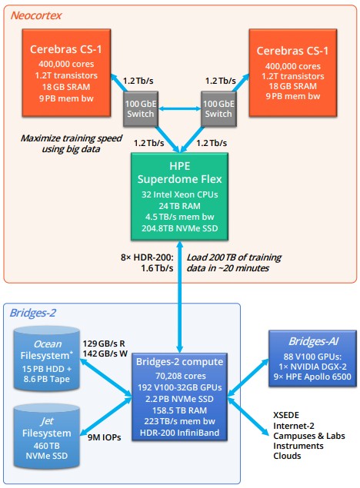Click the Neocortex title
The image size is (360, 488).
click(36, 15)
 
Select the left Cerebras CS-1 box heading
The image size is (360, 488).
click(66, 49)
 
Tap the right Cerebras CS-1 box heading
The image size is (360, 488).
click(292, 51)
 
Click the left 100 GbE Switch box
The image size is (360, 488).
click(141, 108)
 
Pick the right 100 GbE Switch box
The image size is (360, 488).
click(218, 108)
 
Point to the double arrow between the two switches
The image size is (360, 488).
click(179, 108)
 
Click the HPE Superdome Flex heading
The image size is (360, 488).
click(180, 172)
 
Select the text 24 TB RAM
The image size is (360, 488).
click(180, 206)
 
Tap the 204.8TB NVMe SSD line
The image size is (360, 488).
click(180, 228)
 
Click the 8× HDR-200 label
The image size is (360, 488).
click(147, 257)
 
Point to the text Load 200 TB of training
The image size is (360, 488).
click(234, 257)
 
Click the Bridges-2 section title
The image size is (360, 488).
click(33, 313)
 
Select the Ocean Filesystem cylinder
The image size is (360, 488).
click(47, 359)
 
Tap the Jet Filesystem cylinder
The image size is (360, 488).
click(47, 437)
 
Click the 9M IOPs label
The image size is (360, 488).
click(104, 437)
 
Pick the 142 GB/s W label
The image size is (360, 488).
click(105, 354)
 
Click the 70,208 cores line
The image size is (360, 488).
click(181, 376)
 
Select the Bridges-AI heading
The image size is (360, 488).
click(313, 341)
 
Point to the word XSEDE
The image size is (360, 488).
click(286, 415)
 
